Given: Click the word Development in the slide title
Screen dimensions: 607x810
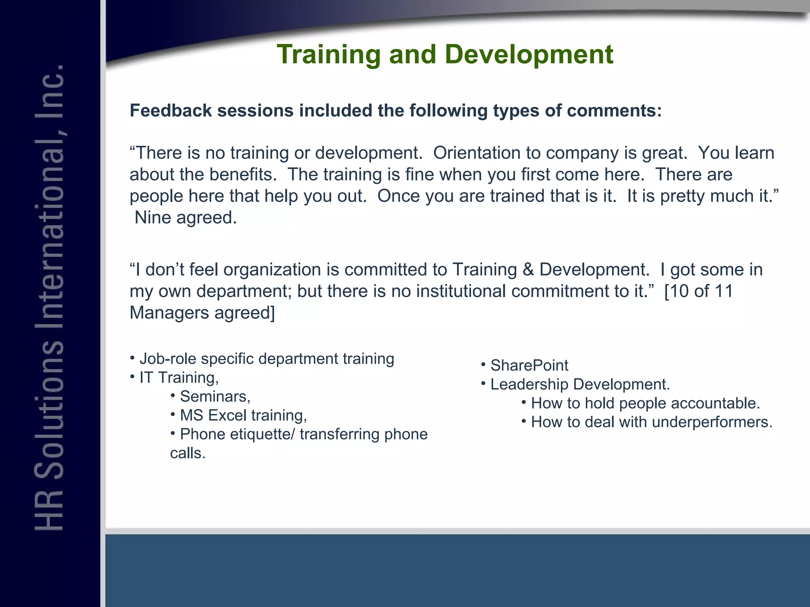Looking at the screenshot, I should pos(529,55).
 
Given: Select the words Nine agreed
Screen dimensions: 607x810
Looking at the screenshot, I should pos(185,218).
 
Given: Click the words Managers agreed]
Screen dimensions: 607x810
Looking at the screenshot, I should pos(202,313).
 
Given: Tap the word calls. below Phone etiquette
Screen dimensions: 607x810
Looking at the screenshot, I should pos(188,453).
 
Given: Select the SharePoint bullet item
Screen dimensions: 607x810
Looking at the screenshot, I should pos(529,366).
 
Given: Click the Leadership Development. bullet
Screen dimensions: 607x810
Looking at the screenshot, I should pos(580,385).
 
